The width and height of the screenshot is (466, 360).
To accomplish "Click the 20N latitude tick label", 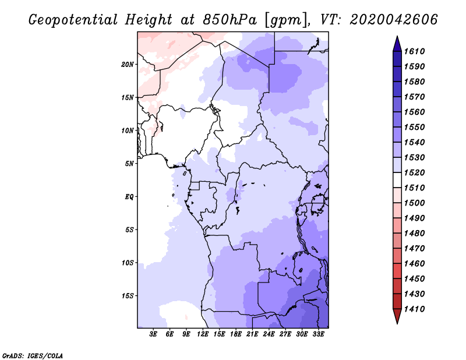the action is [x=128, y=65].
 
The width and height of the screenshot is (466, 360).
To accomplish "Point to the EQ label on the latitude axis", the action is [x=129, y=197].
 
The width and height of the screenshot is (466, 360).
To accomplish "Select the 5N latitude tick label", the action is [x=129, y=164].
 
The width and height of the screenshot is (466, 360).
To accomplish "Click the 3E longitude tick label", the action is [x=153, y=334].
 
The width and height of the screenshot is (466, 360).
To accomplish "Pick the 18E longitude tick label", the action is [x=236, y=334].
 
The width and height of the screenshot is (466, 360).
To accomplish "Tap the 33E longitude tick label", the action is [x=318, y=334].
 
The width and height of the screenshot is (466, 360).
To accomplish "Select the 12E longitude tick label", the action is [x=203, y=334].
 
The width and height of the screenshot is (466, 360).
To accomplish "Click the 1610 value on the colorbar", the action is [x=414, y=51].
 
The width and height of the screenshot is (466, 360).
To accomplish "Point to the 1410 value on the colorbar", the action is [x=414, y=309].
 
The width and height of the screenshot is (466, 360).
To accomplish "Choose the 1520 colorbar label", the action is [x=414, y=172].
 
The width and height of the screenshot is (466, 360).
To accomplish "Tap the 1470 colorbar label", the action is [x=414, y=249].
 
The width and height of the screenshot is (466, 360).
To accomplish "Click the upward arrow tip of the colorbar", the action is [x=397, y=36].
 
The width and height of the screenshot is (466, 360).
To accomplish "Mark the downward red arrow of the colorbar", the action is [x=397, y=316].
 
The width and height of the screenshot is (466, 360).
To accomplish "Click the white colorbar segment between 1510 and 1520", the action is [x=397, y=180].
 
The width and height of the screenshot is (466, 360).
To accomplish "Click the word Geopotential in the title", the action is [x=73, y=20].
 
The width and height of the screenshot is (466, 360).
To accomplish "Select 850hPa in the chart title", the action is [x=230, y=20].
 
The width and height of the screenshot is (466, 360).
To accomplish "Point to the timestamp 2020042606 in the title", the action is [x=394, y=20].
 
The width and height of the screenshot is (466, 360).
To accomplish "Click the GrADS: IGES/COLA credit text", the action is [x=33, y=356].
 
